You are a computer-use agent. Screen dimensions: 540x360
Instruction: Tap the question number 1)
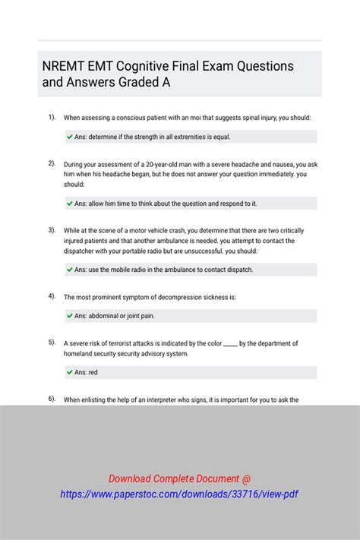pos(52,117)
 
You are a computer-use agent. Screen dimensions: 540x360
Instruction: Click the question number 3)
pos(52,229)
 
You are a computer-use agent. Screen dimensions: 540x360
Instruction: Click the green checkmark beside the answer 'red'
pos(70,372)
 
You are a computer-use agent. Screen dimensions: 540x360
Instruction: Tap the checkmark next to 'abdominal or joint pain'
pos(70,316)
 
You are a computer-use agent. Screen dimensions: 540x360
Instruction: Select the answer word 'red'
pos(93,372)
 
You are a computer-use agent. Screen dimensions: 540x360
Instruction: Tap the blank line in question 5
pos(230,343)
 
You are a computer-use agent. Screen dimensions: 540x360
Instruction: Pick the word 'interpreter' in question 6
pos(172,399)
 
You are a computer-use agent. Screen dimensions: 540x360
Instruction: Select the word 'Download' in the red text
pos(131,478)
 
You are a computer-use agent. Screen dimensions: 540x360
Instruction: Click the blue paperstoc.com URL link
pos(179,494)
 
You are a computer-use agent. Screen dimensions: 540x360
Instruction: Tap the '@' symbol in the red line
pos(246,478)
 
